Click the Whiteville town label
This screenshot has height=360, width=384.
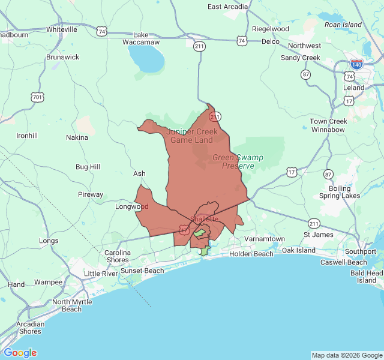tap(62, 29)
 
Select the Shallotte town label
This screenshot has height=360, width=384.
tap(204, 219)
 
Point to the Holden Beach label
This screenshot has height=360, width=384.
tap(251, 254)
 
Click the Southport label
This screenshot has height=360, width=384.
tap(360, 251)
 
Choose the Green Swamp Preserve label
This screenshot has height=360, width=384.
tap(238, 161)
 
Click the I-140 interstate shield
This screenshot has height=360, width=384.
tap(356, 64)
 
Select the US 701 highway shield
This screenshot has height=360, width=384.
tap(37, 97)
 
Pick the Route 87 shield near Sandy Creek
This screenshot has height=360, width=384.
tap(306, 74)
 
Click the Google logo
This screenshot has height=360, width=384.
tap(20, 353)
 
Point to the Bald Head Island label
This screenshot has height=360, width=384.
tap(367, 277)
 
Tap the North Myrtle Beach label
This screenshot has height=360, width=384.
tap(72, 305)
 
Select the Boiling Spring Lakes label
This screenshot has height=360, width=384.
tap(339, 192)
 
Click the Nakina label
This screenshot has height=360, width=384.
tap(77, 137)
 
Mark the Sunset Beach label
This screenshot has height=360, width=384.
tap(142, 271)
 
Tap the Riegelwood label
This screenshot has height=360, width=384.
tap(271, 29)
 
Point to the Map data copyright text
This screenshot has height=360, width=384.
tap(347, 355)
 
